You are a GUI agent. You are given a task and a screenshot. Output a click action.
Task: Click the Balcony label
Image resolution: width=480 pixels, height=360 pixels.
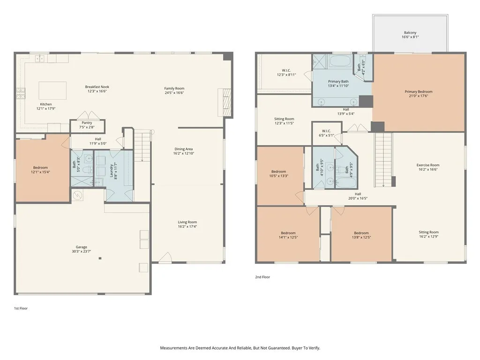pyautogui.click(x=410, y=32)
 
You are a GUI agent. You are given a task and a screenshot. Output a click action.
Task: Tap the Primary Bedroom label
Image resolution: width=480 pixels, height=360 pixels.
pyautogui.click(x=419, y=91)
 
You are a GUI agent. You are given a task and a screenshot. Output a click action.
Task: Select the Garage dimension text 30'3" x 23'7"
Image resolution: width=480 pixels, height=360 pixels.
pyautogui.click(x=82, y=251)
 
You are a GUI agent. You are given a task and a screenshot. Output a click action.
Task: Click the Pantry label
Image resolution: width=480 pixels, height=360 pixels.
pyautogui.click(x=87, y=123)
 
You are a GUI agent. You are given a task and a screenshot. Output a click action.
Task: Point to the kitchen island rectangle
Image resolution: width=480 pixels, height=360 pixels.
pyautogui.click(x=52, y=90)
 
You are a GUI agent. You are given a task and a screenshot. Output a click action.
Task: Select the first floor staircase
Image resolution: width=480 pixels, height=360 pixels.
pyautogui.click(x=142, y=146)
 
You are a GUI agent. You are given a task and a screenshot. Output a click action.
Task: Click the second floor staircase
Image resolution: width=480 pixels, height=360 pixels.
pyautogui.click(x=383, y=160)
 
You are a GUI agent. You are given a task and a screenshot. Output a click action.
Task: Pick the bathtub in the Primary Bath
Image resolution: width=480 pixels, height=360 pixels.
pyautogui.click(x=340, y=61)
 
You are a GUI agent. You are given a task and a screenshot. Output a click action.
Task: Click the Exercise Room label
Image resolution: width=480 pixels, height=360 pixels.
pyautogui.click(x=428, y=165)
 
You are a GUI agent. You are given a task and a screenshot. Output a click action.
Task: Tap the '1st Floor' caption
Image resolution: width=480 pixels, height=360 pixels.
pyautogui.click(x=21, y=308)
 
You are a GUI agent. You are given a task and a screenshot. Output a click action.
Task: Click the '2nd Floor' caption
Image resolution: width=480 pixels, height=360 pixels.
pyautogui.click(x=262, y=277)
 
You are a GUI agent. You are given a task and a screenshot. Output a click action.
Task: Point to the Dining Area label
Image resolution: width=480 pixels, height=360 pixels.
pyautogui.click(x=184, y=149)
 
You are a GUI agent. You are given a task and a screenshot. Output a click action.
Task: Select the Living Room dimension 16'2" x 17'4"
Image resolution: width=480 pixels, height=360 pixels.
pyautogui.click(x=187, y=226)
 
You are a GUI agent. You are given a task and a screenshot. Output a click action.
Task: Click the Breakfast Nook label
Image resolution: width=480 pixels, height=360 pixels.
pyautogui.click(x=97, y=87)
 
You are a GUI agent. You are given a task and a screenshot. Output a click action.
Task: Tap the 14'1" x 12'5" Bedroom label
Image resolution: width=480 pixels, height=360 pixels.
pyautogui.click(x=288, y=233)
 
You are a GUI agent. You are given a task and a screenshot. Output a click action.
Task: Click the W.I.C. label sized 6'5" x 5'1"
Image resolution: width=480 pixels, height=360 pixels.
pyautogui.click(x=326, y=131)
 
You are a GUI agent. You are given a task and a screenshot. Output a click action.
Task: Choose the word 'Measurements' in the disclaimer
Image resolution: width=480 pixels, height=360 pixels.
pyautogui.click(x=173, y=348)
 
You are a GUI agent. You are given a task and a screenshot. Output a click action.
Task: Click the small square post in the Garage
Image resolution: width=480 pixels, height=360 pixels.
pyautogui.click(x=100, y=258)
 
